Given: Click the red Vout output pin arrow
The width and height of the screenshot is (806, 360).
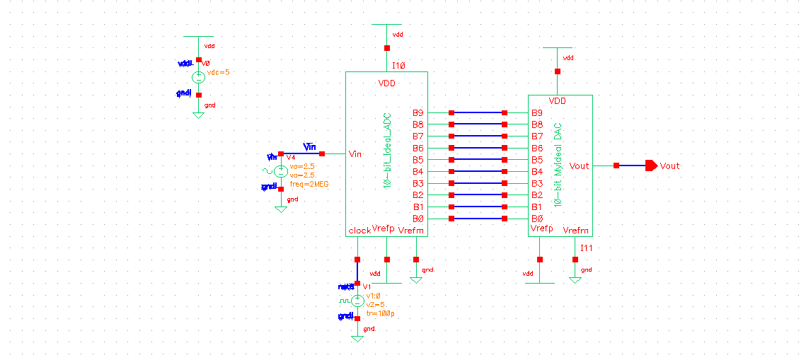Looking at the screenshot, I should coord(651,166).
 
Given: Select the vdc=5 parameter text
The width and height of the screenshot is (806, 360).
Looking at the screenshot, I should coord(217,72).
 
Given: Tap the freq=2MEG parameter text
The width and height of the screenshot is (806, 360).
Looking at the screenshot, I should coord(309,184).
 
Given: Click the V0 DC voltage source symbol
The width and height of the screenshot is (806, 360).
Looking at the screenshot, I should coord(199,77).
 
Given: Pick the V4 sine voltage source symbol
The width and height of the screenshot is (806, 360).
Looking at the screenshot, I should coord(281,171).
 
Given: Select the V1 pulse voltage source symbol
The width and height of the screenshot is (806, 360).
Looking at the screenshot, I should coord(357,301).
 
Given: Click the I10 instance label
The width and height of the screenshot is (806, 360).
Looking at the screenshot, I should coord(398,64).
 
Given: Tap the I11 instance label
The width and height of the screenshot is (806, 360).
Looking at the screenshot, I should coord(587,248).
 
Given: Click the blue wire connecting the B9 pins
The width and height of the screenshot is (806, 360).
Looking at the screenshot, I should coord(478,112).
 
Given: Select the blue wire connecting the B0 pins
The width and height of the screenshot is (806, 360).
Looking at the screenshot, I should coord(478,219).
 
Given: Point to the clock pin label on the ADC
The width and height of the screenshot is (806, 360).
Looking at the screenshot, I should coord(359,231).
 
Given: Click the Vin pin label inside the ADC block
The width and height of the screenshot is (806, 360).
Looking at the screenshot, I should coord(356,153).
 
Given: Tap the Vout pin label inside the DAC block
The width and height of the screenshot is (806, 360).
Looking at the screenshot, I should coord(579,166).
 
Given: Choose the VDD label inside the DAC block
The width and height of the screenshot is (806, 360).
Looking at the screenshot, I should coord(558,102).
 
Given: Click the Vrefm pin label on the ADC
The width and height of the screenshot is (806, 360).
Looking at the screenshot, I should coord(411,231).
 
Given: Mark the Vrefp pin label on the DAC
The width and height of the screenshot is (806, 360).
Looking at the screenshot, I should coord(541,229).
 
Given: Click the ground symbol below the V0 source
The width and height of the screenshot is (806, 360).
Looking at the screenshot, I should coord(199,114).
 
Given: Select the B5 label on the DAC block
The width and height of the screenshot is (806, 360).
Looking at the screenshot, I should coord(537,160).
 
